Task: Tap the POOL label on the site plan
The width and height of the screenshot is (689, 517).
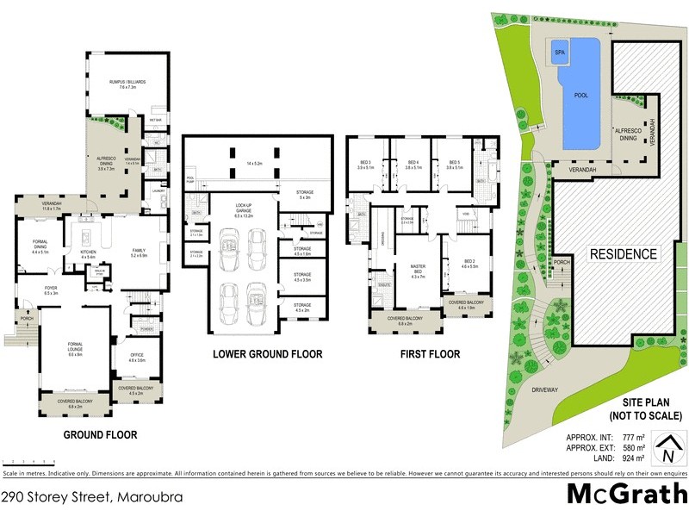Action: (x=581, y=96)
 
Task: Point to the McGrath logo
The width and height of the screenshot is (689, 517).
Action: (x=626, y=495)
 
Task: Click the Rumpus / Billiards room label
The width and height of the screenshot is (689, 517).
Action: (x=127, y=84)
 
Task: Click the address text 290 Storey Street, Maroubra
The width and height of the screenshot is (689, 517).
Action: (x=92, y=497)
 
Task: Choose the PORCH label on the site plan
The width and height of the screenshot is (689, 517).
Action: (x=563, y=262)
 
